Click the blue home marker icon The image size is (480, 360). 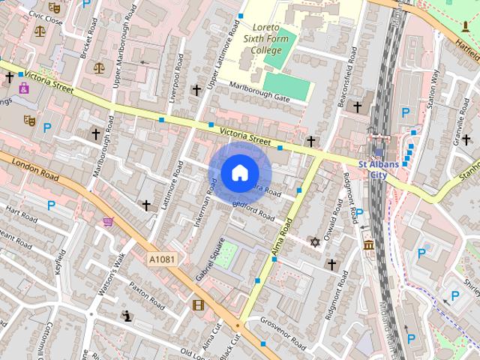pos(238,173)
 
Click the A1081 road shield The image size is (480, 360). pos(161,259)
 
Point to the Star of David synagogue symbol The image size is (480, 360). pos(314,242)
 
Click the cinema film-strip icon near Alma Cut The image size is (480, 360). pos(198,304)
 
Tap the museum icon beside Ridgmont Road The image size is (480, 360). pos(369,245)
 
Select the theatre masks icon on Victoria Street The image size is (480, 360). pos(29,119)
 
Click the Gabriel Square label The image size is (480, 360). pos(211,260)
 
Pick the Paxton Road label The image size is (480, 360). pos(145,296)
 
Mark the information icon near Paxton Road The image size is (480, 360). pos(127,316)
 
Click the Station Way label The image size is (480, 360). pos(433,89)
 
